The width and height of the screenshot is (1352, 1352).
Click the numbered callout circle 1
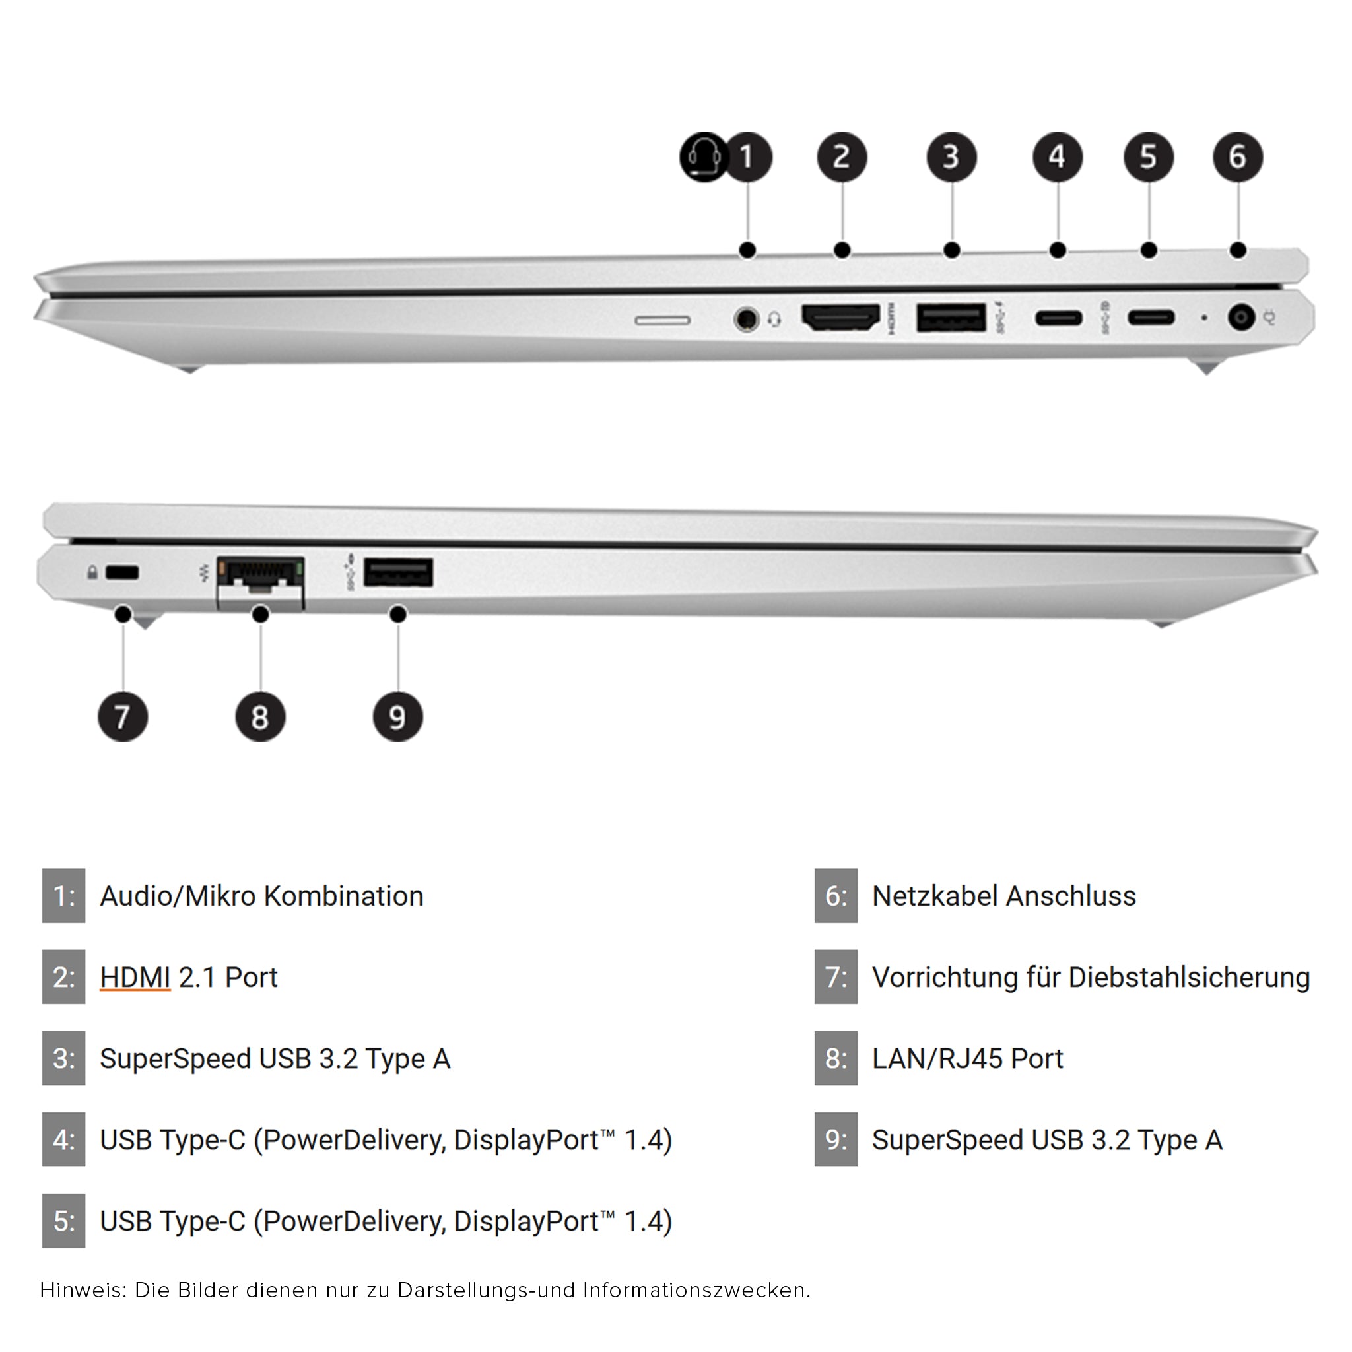coord(747,156)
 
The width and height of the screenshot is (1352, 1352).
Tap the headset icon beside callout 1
coord(703,156)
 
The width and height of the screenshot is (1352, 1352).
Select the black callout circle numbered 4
coord(1058,156)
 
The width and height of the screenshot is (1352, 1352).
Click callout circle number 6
coord(1238,156)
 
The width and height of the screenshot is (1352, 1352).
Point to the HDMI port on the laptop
coord(840,318)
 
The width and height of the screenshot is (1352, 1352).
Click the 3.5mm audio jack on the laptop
coord(747,319)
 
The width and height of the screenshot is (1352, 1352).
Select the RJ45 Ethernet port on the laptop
coord(260,580)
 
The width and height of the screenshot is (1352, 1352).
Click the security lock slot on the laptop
coord(121,572)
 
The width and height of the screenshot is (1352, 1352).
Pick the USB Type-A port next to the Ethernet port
coord(397,572)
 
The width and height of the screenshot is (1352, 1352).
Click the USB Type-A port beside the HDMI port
coord(951,318)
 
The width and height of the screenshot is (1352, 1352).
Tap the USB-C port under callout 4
coord(1058,318)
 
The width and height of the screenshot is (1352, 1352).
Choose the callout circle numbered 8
coord(259,716)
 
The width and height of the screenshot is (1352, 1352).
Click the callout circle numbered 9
coord(397,716)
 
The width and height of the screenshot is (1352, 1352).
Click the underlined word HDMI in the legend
coord(135,977)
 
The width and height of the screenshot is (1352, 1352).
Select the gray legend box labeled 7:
coord(836,977)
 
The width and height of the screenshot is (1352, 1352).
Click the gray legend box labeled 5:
coord(63,1221)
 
